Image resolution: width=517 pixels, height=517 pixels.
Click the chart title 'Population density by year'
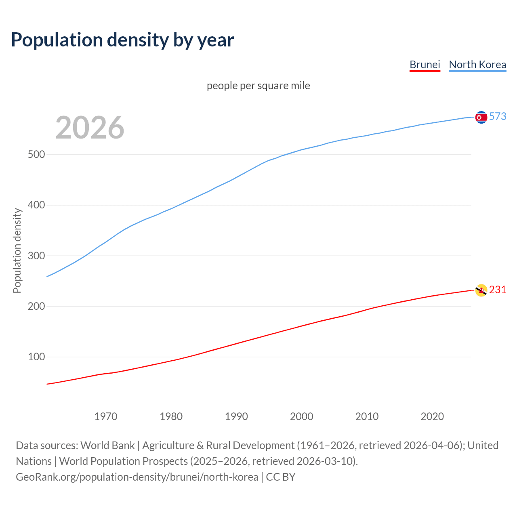[x=122, y=40]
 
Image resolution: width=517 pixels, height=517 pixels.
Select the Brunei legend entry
[x=425, y=65]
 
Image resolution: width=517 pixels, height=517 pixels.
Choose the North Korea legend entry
[x=477, y=65]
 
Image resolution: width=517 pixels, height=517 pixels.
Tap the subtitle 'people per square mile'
[x=258, y=86]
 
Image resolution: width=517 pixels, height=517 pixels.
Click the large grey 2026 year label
[x=90, y=128]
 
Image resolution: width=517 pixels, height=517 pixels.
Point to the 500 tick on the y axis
[x=36, y=155]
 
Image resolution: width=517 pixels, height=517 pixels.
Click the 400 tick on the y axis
[x=36, y=205]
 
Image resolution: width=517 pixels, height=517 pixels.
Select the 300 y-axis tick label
[x=36, y=256]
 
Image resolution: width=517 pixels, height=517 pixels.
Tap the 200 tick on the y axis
[x=36, y=307]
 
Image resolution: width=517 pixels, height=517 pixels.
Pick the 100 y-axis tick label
[x=36, y=357]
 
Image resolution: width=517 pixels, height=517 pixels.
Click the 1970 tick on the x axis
[x=106, y=416]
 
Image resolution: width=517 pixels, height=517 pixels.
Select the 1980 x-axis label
[x=171, y=416]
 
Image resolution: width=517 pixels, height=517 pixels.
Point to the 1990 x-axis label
[x=236, y=416]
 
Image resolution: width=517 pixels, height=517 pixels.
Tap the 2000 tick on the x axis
[x=302, y=416]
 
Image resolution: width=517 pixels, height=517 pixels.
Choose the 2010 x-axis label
[x=367, y=416]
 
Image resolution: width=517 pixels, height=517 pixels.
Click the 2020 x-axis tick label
[x=432, y=416]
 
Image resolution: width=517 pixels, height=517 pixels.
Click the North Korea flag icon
[x=481, y=117]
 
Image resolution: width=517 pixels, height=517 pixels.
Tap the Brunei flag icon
[x=481, y=290]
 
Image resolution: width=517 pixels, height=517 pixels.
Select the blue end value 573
[x=498, y=117]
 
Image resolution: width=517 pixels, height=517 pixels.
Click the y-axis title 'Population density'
[x=17, y=250]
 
